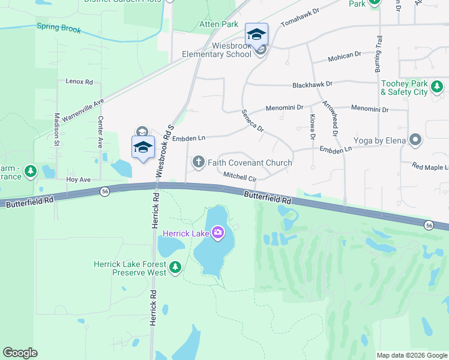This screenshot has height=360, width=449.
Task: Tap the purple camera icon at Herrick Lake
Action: (217, 232)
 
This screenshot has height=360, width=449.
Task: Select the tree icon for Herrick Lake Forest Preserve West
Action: (175, 267)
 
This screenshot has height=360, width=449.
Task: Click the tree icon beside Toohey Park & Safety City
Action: (437, 88)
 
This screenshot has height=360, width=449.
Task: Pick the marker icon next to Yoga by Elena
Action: (415, 140)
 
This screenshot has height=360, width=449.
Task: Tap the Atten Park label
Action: (219, 25)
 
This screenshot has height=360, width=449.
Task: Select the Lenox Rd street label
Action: (79, 82)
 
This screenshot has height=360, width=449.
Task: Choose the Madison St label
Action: (56, 130)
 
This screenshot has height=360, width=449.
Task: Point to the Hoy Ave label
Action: (79, 179)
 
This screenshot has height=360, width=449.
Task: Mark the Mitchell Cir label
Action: (240, 177)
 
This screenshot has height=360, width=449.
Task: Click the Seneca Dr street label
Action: (253, 120)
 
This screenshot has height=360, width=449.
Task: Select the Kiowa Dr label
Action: (312, 127)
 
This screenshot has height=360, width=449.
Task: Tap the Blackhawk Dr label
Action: (312, 85)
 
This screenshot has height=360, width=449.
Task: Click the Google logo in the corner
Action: (20, 353)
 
